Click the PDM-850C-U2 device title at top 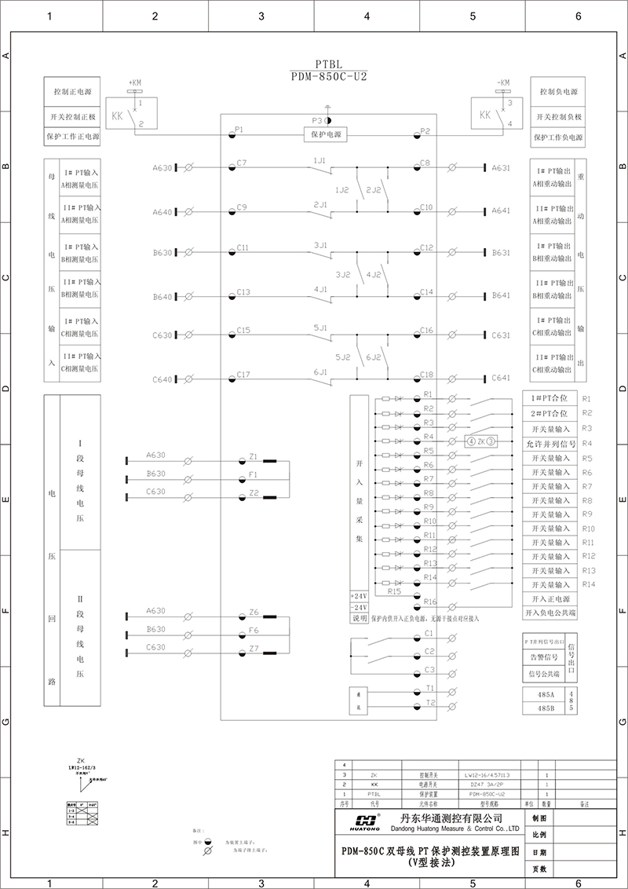click(329, 77)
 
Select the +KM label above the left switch click(134, 82)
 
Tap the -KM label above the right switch click(502, 82)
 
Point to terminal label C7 click(242, 163)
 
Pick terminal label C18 click(426, 375)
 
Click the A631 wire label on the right click(501, 167)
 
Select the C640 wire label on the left click(162, 379)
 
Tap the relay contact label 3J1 click(320, 245)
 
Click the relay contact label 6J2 click(373, 357)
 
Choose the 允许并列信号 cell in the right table click(550, 444)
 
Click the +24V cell click(359, 595)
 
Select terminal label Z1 click(253, 456)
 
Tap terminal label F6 click(253, 630)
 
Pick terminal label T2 click(429, 703)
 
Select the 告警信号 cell click(544, 657)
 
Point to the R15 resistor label click(394, 591)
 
